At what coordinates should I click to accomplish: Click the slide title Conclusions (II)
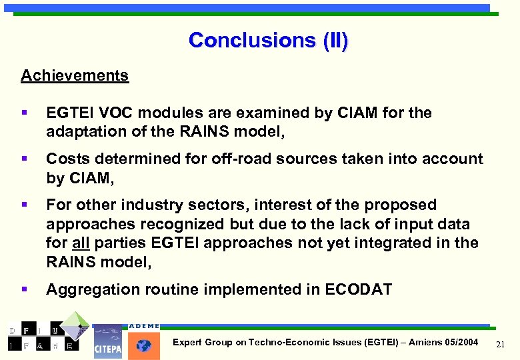click(x=268, y=40)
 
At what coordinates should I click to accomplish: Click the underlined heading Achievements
click(x=75, y=75)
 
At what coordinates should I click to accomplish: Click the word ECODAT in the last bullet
click(x=359, y=289)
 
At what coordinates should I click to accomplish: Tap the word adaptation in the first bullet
click(x=83, y=132)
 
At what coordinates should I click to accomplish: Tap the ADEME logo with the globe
click(x=143, y=341)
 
